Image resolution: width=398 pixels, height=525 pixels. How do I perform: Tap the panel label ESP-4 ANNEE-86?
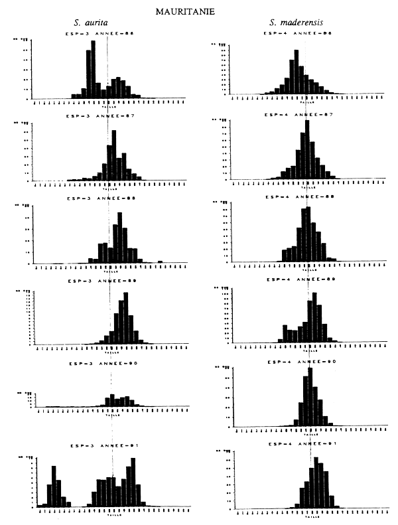click(297, 33)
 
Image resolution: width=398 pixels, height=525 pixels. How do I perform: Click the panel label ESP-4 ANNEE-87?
click(297, 115)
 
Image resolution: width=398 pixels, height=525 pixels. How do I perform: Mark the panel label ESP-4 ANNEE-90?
click(297, 362)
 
